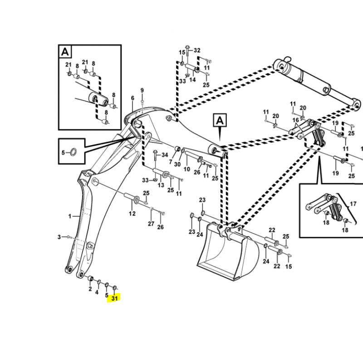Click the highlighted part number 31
coord(114,298)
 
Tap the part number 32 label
coord(196,50)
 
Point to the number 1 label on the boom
coord(70,216)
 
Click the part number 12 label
coord(132,213)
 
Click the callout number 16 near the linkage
coord(296,120)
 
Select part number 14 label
coord(192,80)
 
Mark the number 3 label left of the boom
coord(59,237)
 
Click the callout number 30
coord(177,164)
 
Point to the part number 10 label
coord(186,169)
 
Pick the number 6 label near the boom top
coord(132,98)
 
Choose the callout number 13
coord(160,185)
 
